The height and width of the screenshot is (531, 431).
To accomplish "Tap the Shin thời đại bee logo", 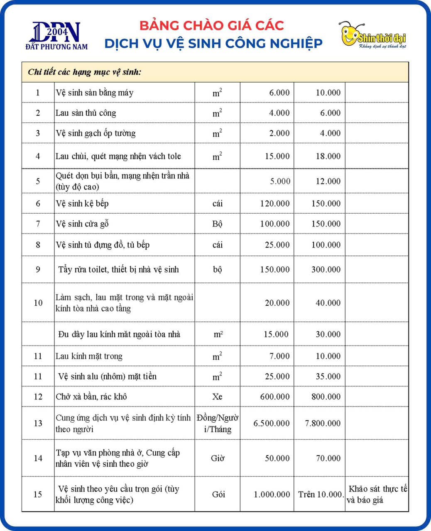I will [x=372, y=35].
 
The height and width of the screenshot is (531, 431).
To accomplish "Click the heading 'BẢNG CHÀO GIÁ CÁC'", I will [x=212, y=25].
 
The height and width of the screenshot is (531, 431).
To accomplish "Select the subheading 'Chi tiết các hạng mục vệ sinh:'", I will [x=85, y=72].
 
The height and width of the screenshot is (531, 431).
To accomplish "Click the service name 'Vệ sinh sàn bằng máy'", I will [x=95, y=93].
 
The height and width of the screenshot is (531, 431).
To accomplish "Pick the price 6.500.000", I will [x=272, y=423].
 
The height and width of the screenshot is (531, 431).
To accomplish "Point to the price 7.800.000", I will [x=323, y=423].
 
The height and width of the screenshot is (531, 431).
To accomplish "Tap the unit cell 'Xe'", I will [x=217, y=397].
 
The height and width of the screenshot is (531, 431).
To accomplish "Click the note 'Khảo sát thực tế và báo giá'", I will [x=377, y=494].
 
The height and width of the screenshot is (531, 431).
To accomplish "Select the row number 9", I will [x=38, y=270].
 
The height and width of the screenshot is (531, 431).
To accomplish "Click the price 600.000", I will [x=275, y=397].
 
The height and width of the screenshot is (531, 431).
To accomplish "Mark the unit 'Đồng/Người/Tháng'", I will [x=218, y=423].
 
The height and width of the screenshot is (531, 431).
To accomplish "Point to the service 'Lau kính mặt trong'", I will [x=89, y=356].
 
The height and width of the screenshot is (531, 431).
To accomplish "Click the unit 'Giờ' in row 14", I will [x=218, y=458].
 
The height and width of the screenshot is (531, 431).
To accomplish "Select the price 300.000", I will [x=326, y=270].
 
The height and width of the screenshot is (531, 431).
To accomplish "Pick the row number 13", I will [x=38, y=423].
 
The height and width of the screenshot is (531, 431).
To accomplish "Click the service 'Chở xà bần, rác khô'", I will [x=91, y=397].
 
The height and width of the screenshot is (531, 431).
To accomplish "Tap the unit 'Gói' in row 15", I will [x=218, y=494].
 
